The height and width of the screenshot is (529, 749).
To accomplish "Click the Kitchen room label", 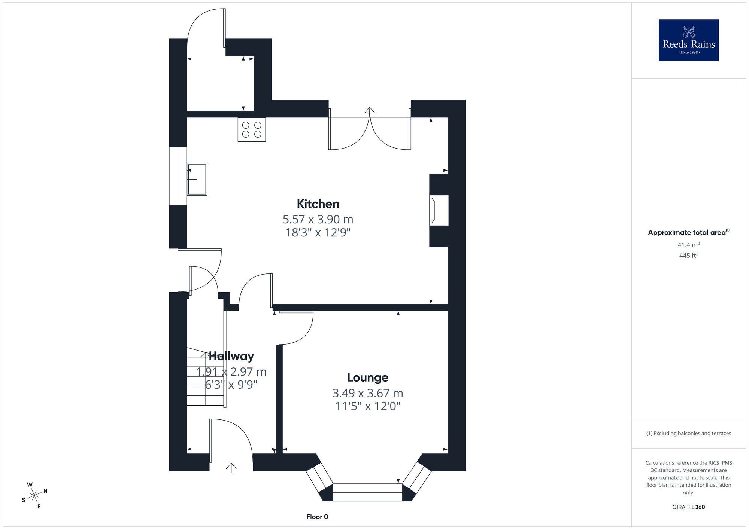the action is (x=318, y=204).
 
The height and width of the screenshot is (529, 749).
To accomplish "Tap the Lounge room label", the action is (x=367, y=378).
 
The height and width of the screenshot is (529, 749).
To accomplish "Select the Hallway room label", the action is (x=231, y=356).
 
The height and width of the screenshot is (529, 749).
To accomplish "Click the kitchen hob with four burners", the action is (x=252, y=129).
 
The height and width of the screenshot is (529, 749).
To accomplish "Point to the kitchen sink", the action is (x=197, y=179).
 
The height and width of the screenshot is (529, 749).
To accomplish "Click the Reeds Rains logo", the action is (x=689, y=40).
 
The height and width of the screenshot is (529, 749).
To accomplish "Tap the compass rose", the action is (x=34, y=496).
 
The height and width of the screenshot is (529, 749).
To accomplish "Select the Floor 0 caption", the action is (x=317, y=517).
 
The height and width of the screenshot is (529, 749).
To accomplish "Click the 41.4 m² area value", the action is (x=689, y=245).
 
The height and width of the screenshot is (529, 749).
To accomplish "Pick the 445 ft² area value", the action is (x=689, y=256).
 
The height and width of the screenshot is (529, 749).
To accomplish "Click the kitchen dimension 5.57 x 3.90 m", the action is (x=318, y=219).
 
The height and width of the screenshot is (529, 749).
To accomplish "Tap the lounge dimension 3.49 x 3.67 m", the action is (x=368, y=393).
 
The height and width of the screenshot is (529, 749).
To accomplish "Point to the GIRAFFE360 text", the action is (x=689, y=507).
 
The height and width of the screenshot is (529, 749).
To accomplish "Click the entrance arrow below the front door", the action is (x=231, y=468).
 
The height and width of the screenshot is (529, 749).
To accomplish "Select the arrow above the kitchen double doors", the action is (x=370, y=110).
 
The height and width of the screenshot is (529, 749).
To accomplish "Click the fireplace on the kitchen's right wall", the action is (x=439, y=210).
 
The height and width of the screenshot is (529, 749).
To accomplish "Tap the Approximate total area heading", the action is (x=689, y=232).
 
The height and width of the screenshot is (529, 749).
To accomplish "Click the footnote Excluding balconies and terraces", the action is (x=689, y=433).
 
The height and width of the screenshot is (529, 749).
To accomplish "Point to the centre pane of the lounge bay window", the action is (x=367, y=492).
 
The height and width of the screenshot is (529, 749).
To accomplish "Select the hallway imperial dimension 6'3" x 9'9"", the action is (x=231, y=384).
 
